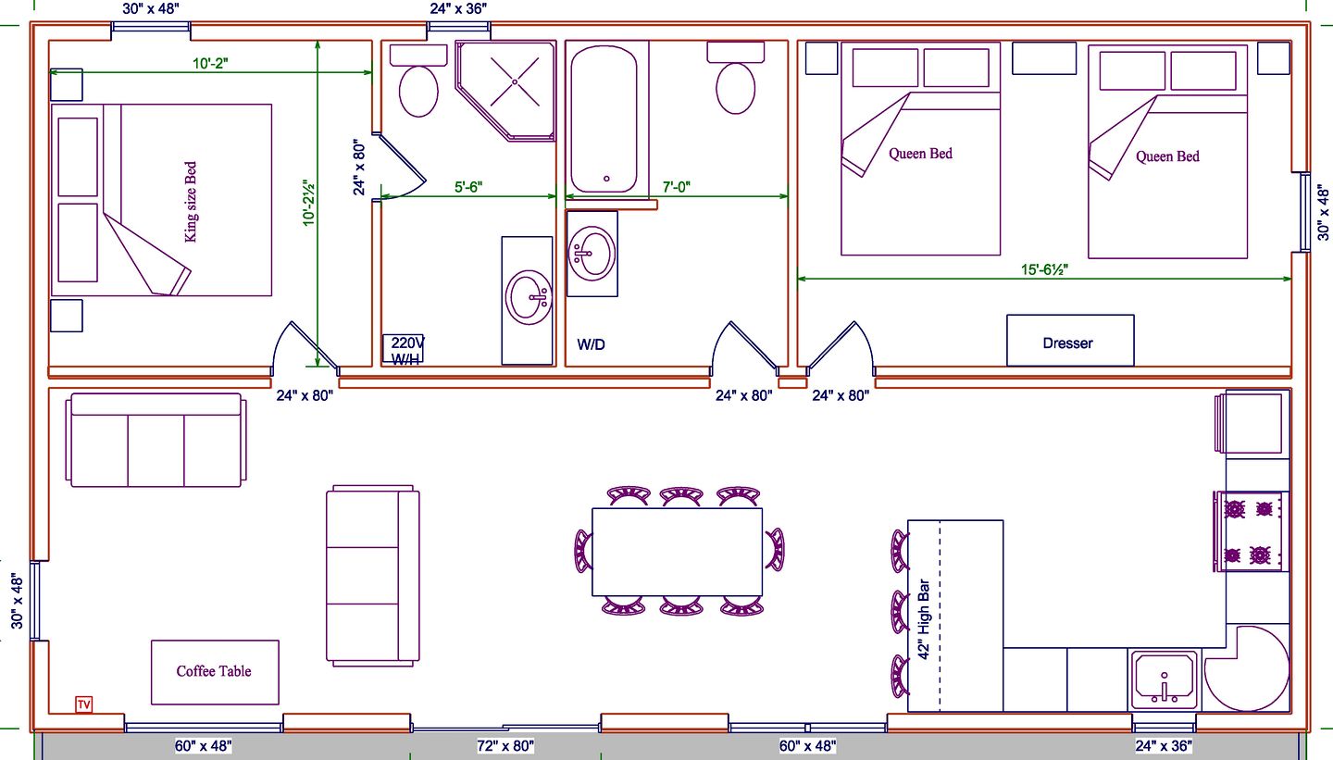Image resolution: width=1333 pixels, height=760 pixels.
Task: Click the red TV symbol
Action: [x=84, y=704]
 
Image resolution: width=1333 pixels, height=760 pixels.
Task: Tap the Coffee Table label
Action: [x=214, y=671]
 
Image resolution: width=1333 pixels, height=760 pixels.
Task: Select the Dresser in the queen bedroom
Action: [x=1070, y=341]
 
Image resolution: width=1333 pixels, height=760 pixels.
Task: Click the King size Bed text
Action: [x=191, y=202]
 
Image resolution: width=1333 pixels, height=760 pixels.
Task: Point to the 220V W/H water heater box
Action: [x=403, y=349]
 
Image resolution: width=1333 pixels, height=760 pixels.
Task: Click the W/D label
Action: [x=591, y=344]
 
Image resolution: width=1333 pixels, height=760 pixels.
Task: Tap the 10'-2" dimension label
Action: [x=210, y=63]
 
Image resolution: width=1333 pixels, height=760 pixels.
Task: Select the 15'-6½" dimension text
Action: [x=1044, y=269]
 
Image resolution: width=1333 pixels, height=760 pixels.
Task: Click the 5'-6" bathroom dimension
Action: [x=468, y=187]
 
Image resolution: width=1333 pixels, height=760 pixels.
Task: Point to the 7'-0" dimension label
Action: [x=676, y=187]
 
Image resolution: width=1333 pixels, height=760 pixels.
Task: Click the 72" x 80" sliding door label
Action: [x=505, y=746]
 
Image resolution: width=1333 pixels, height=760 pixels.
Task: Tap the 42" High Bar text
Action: [x=924, y=619]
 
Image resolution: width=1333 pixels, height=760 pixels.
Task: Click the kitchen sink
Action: [x=1164, y=680]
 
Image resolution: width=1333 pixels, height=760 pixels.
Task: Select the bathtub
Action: [x=604, y=119]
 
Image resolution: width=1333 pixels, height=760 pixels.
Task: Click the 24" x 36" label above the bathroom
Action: [x=458, y=9]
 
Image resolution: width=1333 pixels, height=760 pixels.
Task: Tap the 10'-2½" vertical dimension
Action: [x=307, y=203]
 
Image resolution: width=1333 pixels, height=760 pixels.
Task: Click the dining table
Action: [x=678, y=552]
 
